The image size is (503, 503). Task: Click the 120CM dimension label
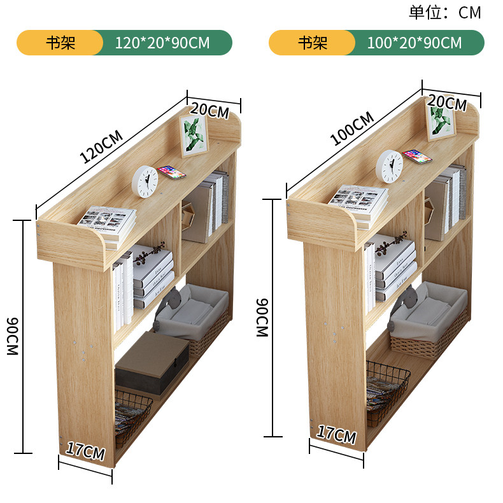click(x=101, y=147)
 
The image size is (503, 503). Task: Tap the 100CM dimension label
click(x=352, y=129)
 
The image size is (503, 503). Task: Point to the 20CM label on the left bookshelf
click(x=209, y=110)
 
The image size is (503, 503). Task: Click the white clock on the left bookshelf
click(x=145, y=181)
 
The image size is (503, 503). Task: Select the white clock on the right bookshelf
click(x=389, y=166)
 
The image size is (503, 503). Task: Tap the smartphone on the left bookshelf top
click(x=172, y=172)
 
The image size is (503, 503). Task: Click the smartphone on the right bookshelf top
click(x=417, y=156)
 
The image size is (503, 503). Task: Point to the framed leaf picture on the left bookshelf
click(x=194, y=135)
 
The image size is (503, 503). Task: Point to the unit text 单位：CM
click(x=444, y=12)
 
